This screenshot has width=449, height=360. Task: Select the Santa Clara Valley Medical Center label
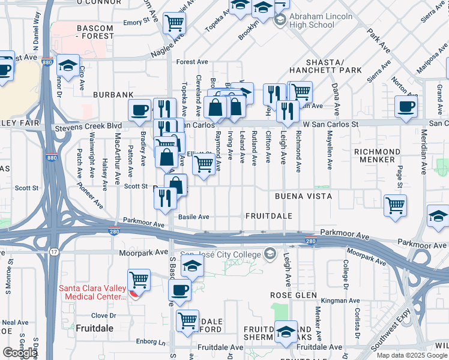[x=92, y=293]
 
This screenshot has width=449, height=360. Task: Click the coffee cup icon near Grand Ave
[x=406, y=107]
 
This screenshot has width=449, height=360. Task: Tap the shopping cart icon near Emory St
[x=174, y=23]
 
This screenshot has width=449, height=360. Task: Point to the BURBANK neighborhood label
[x=113, y=95]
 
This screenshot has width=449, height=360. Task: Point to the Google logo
[x=20, y=353]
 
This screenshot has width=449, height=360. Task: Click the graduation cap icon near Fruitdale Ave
[x=286, y=332]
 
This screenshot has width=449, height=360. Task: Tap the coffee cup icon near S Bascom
[x=180, y=291]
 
